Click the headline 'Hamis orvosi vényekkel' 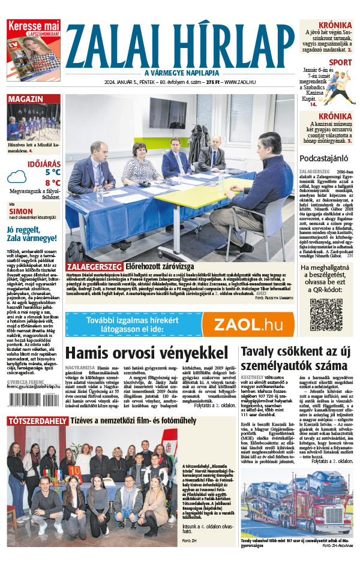pyautogui.click(x=149, y=353)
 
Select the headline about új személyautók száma pyautogui.click(x=294, y=359)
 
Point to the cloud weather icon pyautogui.click(x=16, y=176)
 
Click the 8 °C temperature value pyautogui.click(x=52, y=182)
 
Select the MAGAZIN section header pyautogui.click(x=25, y=99)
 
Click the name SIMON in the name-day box pyautogui.click(x=21, y=212)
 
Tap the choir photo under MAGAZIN pyautogui.click(x=34, y=122)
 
